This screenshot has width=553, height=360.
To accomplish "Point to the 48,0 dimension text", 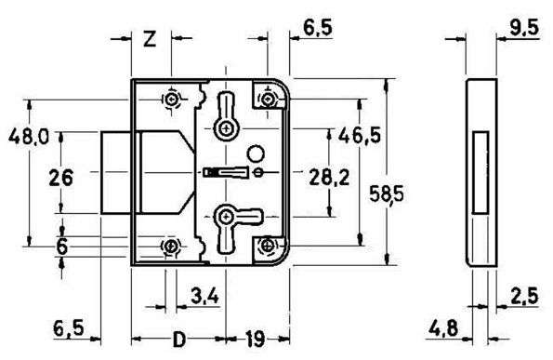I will pos(27,137).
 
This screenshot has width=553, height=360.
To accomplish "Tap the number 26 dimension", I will pos(62,179).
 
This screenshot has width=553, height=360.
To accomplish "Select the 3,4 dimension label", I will pos(204,298).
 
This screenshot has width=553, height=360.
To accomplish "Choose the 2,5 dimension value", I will pos(525,298).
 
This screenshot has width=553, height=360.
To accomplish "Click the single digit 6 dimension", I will pos(62,246).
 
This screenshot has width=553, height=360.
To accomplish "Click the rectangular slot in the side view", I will pos(480,168).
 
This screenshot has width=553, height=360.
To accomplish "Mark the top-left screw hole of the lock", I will pos(171,100).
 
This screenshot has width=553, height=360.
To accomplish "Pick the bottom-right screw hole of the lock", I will pos(269,246).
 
